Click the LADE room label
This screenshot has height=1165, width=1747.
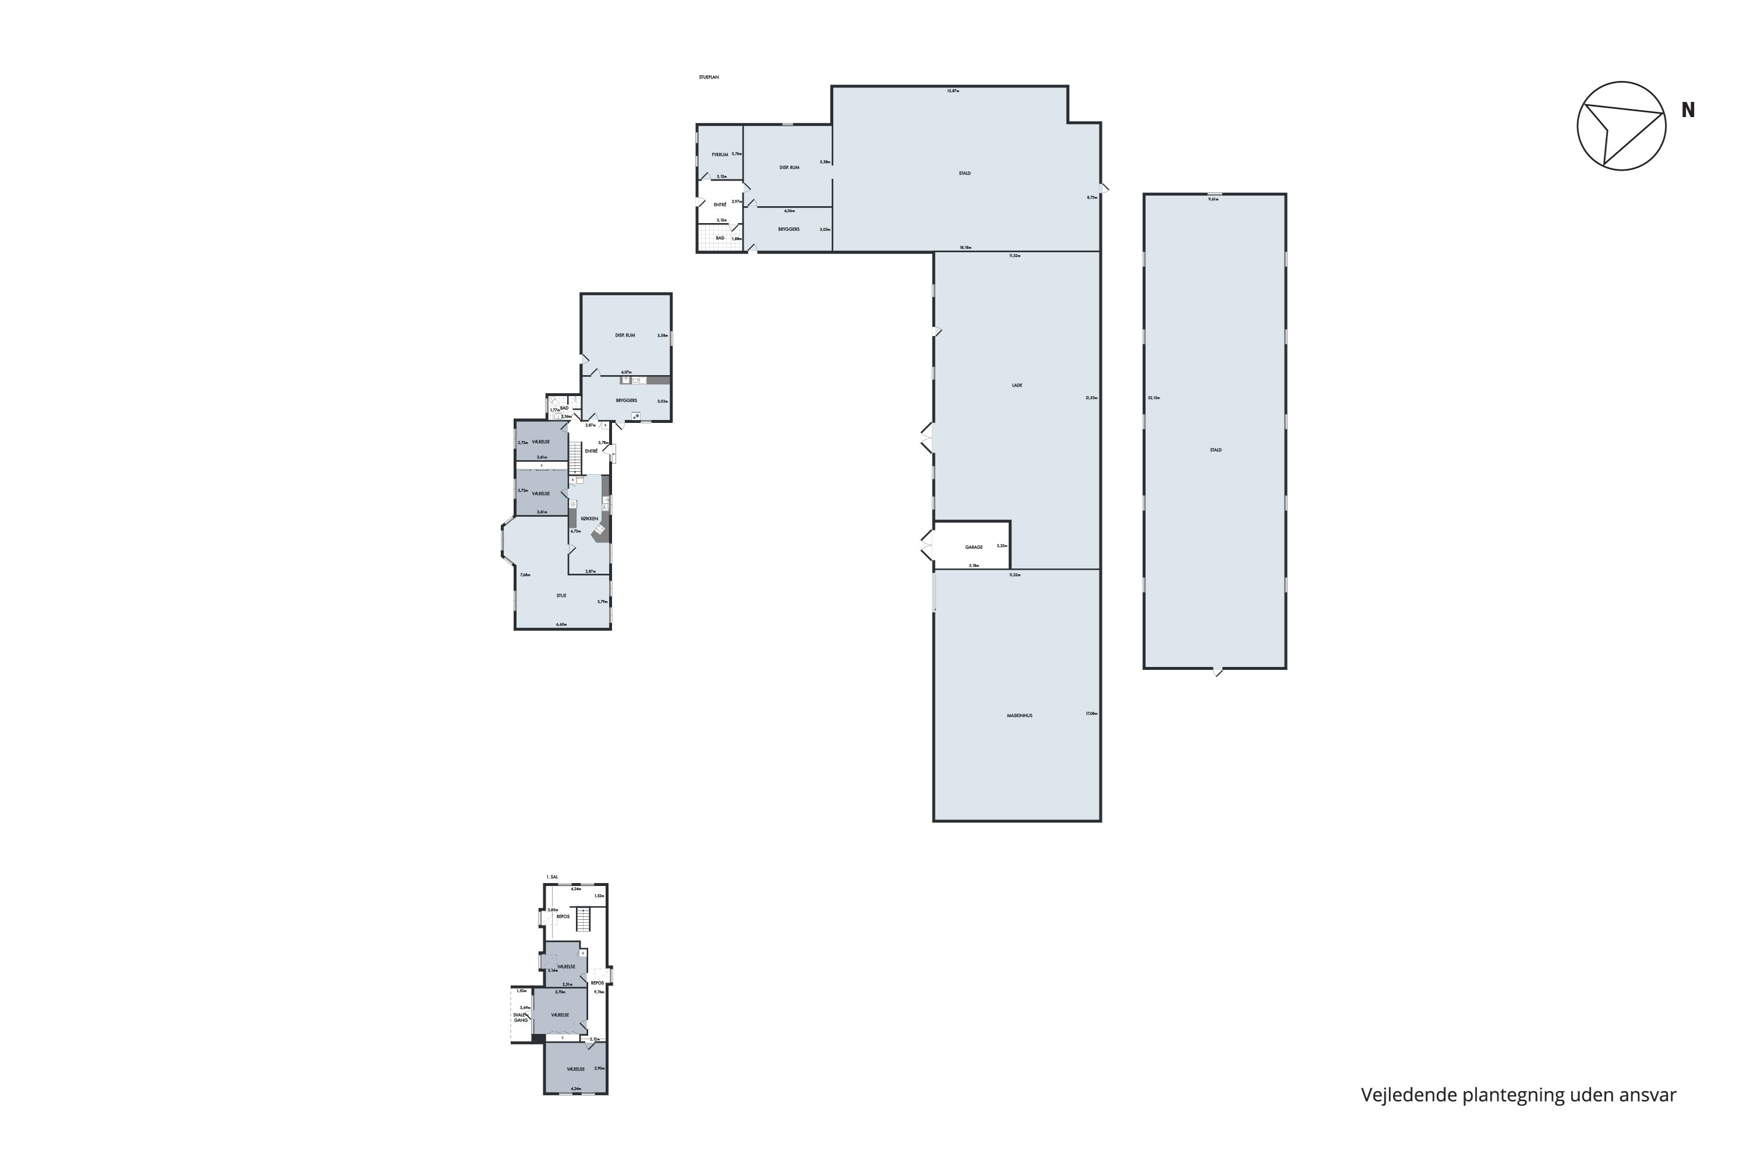point(1017,386)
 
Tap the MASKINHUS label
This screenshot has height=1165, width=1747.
point(1020,715)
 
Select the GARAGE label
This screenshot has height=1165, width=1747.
point(974,547)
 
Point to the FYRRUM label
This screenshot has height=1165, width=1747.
point(720,154)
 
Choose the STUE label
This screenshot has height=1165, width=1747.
point(561,596)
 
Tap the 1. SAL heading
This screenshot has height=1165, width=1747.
point(552,877)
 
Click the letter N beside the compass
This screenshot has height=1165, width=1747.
point(1688,111)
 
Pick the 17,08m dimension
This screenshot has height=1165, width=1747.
point(1091,713)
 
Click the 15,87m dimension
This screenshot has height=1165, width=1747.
point(953,91)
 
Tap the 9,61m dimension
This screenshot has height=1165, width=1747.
point(1214,199)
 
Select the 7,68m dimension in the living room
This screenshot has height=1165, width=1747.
point(525,575)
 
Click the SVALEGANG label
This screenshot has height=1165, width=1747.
point(521,1017)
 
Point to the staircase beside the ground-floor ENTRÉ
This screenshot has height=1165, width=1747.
point(575,458)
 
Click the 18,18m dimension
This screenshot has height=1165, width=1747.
point(966,248)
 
